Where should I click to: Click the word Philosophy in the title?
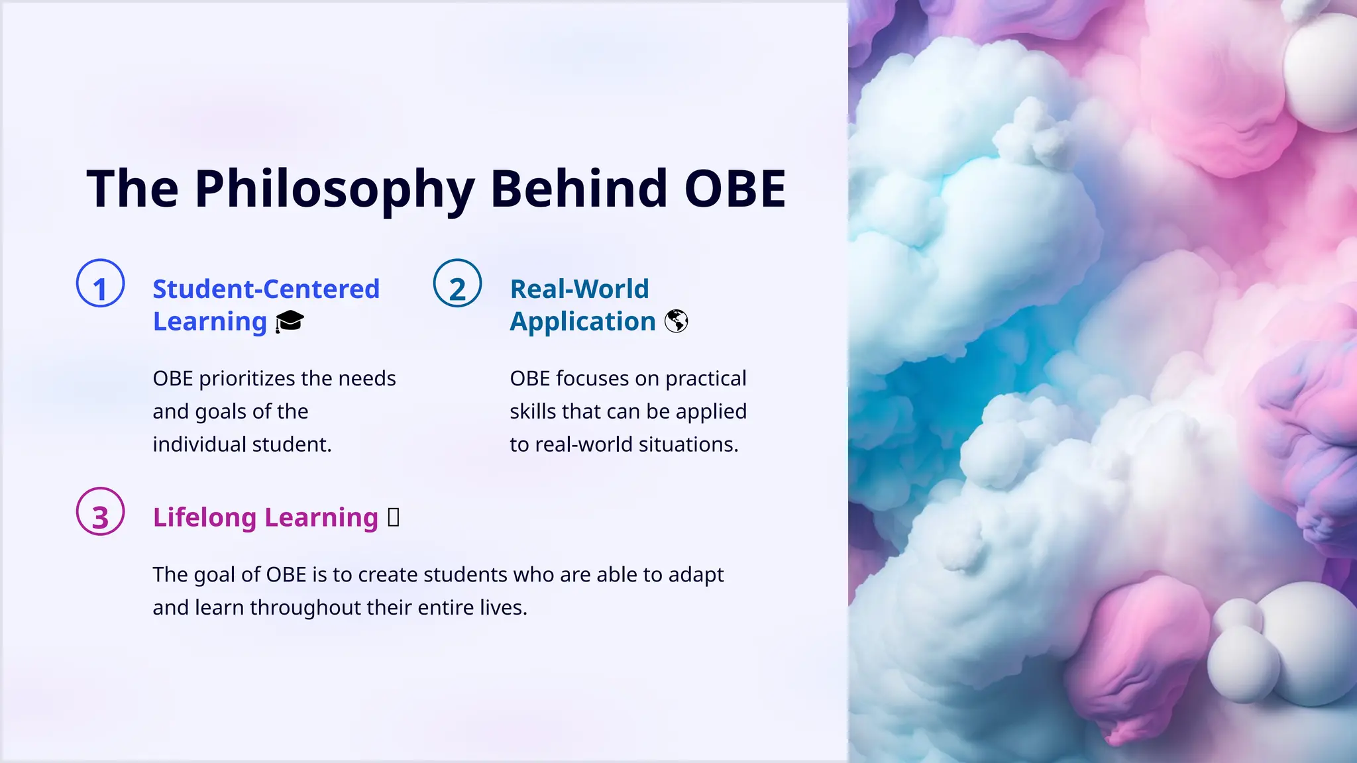(x=334, y=189)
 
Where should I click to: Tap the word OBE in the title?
(x=735, y=189)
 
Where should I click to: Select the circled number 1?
(x=101, y=283)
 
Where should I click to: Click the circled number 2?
(x=457, y=283)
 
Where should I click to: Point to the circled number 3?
(x=101, y=511)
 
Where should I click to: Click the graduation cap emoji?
(x=290, y=322)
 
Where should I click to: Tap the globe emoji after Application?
(x=676, y=322)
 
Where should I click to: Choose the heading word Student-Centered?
(x=266, y=289)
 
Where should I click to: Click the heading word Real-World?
(x=579, y=289)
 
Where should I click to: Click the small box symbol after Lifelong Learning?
(x=393, y=517)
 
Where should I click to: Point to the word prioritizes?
(x=246, y=379)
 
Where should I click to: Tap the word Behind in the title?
(x=578, y=189)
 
